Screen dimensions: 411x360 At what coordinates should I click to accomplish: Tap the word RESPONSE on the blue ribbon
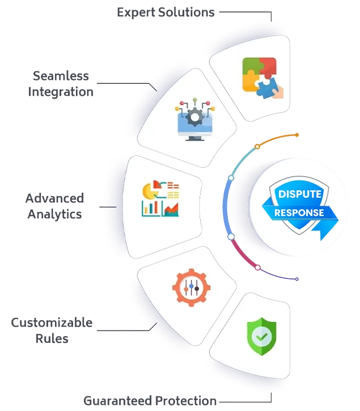tap(299, 213)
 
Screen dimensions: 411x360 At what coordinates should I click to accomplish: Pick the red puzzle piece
tap(266, 65)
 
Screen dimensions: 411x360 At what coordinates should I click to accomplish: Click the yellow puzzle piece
tap(250, 82)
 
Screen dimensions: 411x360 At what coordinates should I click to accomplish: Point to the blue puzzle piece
tap(265, 86)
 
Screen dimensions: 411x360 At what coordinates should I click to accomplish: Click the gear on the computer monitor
tap(194, 118)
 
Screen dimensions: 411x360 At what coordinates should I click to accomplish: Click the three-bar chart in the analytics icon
tap(150, 209)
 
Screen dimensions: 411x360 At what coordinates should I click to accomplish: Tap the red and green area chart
tap(171, 209)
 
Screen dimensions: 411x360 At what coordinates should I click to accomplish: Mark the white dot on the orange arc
tap(257, 146)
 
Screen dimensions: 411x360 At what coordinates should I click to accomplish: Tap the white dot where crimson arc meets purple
tap(258, 267)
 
